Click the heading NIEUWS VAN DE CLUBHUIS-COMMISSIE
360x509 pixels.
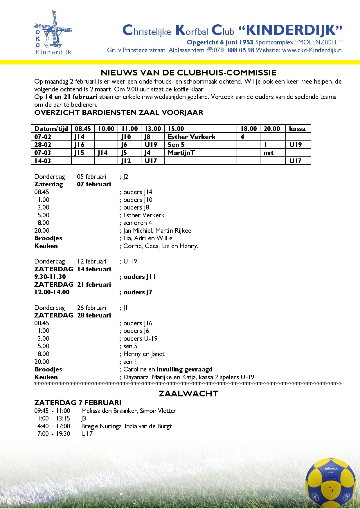(x=188, y=72)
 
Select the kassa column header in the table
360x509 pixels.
(x=297, y=129)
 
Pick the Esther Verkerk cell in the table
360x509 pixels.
(x=191, y=137)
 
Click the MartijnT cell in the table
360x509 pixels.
(x=181, y=153)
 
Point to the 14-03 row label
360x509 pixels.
(x=43, y=160)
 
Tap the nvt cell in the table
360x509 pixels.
(x=268, y=153)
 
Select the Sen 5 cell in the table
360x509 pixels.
(x=176, y=145)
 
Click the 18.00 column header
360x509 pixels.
(x=249, y=129)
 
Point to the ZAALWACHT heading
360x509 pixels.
(x=188, y=394)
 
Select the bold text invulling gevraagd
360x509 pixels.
(x=185, y=369)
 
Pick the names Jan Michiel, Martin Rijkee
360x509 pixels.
(x=157, y=230)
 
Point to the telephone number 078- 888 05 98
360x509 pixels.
(x=234, y=50)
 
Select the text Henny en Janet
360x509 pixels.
(x=144, y=354)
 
